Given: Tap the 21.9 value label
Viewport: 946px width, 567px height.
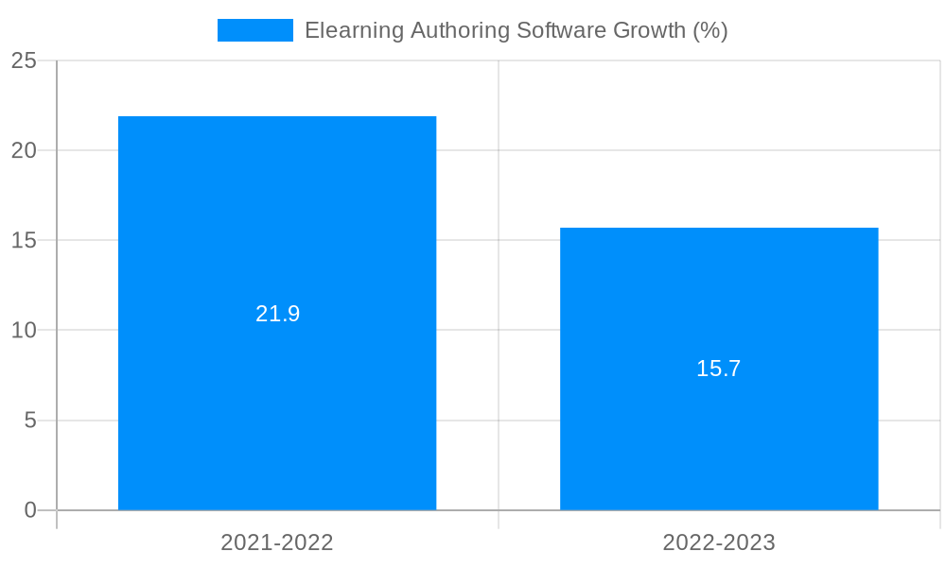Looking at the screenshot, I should [277, 314].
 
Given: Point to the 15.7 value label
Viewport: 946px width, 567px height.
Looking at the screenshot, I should [719, 369].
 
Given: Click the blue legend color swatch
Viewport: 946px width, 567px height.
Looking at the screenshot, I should [254, 30].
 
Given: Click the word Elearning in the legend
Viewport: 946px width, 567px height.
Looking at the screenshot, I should [354, 30].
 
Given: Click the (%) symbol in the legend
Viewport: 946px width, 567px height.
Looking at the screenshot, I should [710, 30].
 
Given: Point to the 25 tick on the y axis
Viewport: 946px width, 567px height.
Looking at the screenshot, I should [24, 60].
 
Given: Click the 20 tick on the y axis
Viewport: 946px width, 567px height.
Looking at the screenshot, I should [24, 150].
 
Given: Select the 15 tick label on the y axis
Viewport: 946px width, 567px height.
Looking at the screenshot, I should [24, 240].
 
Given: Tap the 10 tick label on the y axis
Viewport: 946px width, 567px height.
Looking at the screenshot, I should [24, 331].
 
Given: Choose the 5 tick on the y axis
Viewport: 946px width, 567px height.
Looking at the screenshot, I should [30, 421].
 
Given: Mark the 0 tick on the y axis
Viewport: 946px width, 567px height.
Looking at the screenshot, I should [30, 510].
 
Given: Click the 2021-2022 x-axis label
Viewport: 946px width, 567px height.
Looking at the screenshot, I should [277, 542].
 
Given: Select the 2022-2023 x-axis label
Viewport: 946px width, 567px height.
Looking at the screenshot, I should [719, 542].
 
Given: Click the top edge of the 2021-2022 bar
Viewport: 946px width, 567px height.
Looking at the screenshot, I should [277, 117].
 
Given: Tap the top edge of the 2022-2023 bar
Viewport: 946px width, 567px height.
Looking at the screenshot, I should [719, 229].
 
